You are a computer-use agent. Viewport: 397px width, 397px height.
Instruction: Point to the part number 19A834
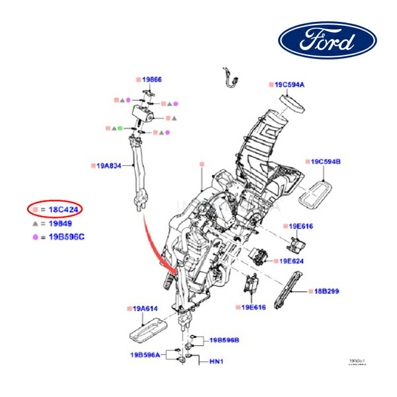pos(107,167)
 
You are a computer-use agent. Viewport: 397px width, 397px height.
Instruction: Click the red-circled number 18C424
pos(66,209)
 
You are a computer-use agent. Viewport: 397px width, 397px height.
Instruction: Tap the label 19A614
pos(142,308)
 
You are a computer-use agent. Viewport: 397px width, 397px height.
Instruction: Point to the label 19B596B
pos(224,340)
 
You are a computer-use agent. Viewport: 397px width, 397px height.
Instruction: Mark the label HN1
pos(216,362)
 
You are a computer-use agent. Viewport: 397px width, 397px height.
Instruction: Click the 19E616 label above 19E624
pos(301,226)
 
